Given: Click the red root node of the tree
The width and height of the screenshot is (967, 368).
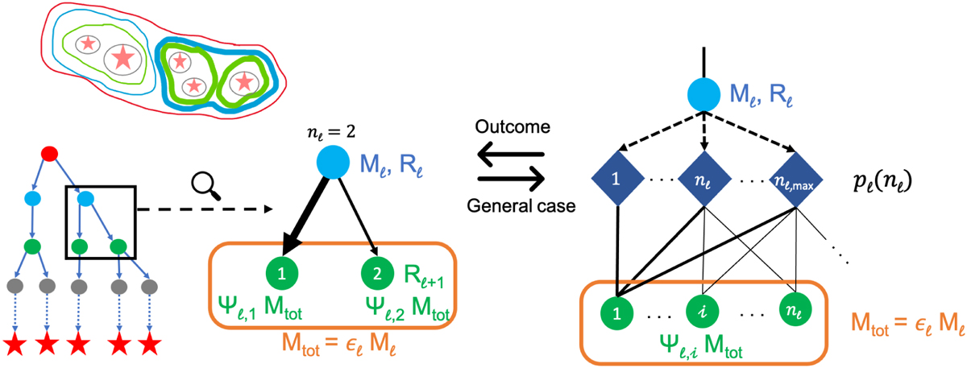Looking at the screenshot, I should (x=49, y=152).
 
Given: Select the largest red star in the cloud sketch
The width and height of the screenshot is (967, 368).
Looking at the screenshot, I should (x=122, y=57).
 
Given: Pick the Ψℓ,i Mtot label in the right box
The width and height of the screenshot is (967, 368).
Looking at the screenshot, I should (x=699, y=349).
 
